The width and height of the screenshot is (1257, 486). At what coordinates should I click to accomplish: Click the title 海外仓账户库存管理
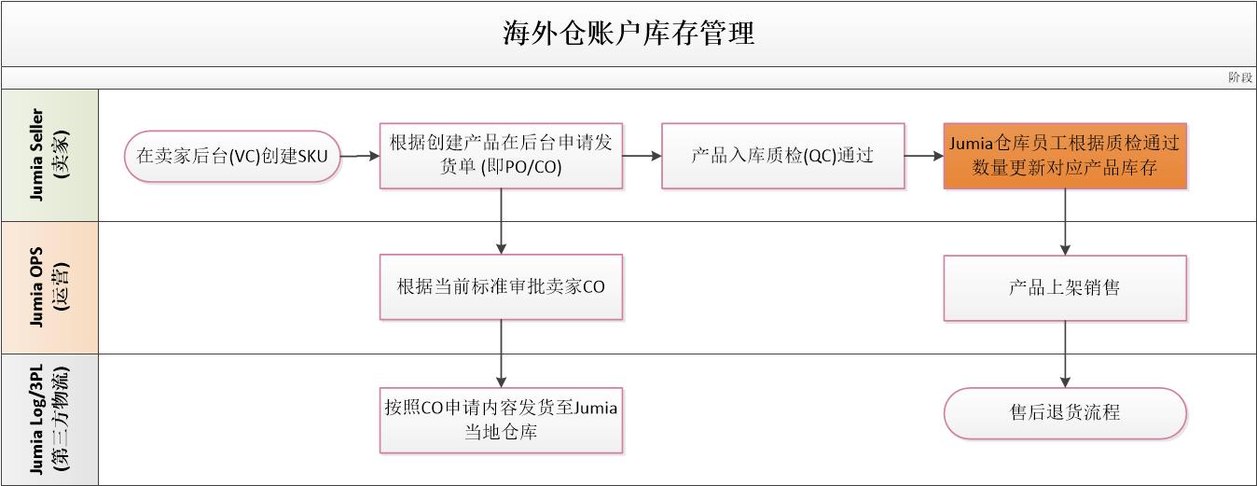(628, 34)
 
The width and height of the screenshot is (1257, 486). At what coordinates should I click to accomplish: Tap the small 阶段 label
(1239, 77)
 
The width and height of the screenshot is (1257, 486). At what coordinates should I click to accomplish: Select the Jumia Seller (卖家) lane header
(49, 155)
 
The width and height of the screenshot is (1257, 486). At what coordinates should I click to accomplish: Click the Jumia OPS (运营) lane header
(49, 287)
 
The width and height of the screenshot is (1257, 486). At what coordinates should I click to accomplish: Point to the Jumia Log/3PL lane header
(49, 420)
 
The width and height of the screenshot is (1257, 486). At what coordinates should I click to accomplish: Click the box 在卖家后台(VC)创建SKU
(232, 156)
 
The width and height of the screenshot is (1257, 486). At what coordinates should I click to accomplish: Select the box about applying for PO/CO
(501, 156)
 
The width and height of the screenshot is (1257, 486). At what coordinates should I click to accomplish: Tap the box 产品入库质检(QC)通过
(782, 156)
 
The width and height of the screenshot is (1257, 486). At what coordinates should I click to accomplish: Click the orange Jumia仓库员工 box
(1065, 156)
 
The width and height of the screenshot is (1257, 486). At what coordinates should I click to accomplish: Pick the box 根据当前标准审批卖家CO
(501, 286)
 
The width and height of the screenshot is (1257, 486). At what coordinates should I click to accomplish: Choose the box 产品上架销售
(1065, 288)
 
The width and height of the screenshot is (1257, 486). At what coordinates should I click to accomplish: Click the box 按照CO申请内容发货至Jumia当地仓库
(501, 420)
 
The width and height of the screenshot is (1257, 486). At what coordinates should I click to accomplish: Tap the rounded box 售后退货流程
(1065, 413)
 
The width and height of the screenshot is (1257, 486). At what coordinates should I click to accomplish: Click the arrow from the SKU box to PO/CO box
(360, 156)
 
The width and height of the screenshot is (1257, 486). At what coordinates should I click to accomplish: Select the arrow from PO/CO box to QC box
(642, 156)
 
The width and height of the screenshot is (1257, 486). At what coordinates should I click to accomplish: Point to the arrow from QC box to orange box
(924, 156)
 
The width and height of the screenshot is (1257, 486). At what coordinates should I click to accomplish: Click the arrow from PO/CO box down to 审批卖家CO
(501, 221)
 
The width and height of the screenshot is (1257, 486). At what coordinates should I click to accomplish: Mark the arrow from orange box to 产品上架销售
(1065, 222)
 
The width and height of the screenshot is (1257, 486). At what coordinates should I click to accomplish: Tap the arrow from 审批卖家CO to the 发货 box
(501, 354)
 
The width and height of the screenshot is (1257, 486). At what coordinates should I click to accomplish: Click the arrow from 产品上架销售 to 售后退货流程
(1065, 354)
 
